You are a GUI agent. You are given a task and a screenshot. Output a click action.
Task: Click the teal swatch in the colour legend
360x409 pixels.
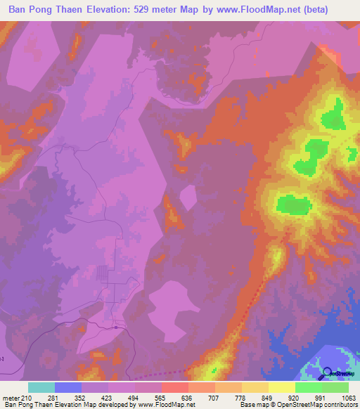[41, 387]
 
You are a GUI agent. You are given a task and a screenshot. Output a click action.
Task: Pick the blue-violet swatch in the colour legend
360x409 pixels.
[68, 387]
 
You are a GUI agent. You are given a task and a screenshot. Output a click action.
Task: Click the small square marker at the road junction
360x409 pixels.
[115, 327]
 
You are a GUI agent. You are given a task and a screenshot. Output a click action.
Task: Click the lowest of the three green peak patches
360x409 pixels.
[294, 205]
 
